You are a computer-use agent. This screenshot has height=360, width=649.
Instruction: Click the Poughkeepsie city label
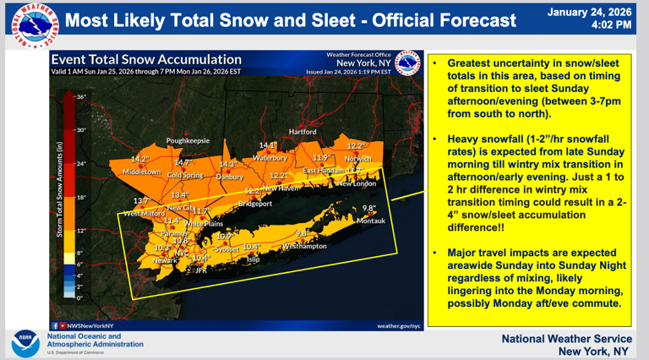coord(187,140)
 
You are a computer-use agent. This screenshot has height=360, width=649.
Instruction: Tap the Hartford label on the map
coord(303,132)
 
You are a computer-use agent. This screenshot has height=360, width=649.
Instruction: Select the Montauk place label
coord(370,221)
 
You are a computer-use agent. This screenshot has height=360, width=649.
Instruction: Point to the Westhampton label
coord(305,247)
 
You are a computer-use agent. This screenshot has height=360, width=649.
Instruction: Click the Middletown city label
coord(142,172)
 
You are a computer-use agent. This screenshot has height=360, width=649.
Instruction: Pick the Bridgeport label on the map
coord(254,204)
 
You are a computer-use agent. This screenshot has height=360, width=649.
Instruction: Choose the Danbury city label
coord(229,177)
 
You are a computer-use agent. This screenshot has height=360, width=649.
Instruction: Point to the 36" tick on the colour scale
coord(82,98)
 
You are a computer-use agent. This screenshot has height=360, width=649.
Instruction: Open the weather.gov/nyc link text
coord(399,325)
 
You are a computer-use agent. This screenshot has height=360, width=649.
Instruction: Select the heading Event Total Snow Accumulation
coord(146,60)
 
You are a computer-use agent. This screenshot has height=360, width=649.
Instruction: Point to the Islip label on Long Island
coord(253,260)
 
